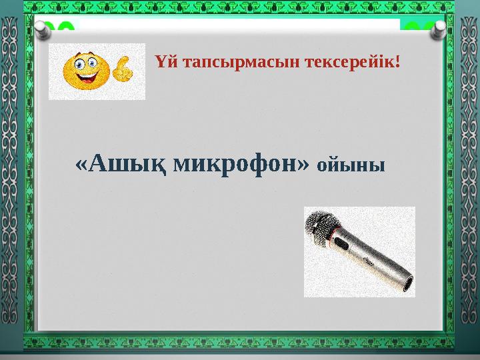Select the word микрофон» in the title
tap(241, 162)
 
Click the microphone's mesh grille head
tap(323, 226)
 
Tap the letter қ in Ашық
tap(157, 163)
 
